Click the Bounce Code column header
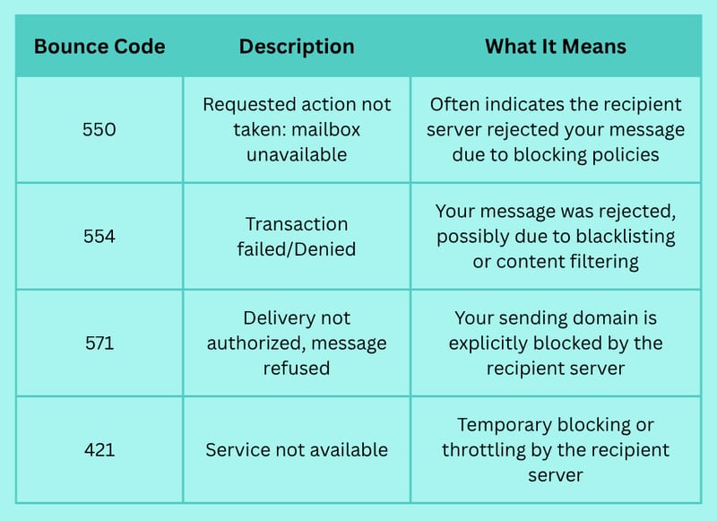(x=99, y=47)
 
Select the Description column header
(x=297, y=48)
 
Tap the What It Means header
(x=556, y=47)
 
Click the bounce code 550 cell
(x=99, y=129)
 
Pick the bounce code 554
(x=99, y=237)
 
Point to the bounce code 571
(x=99, y=343)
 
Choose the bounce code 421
(x=99, y=449)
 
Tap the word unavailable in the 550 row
(x=297, y=154)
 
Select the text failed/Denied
(x=297, y=249)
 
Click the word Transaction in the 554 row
(x=297, y=224)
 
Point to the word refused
(x=297, y=369)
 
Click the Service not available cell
(x=297, y=449)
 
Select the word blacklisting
(x=626, y=237)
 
